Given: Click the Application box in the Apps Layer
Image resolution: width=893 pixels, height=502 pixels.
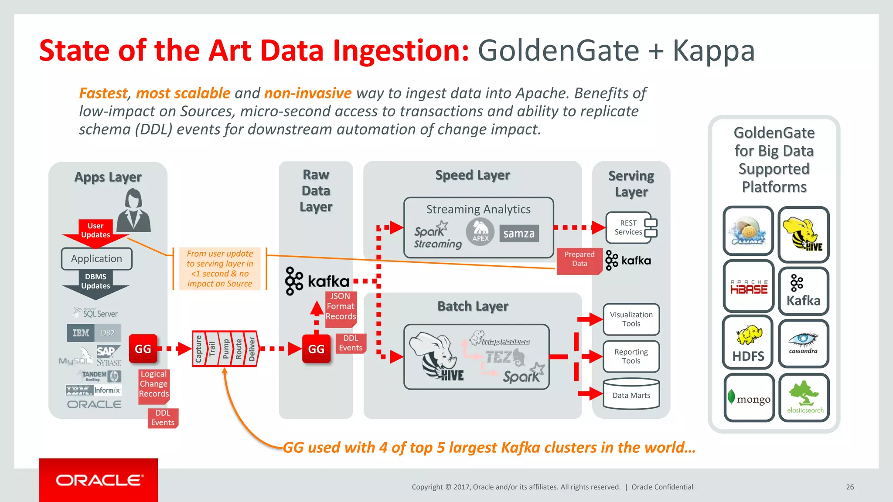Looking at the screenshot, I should tap(96, 259).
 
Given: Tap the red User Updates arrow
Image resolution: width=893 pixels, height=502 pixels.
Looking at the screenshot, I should tap(95, 231).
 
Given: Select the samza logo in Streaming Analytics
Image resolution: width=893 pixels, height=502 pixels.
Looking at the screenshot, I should tap(519, 234).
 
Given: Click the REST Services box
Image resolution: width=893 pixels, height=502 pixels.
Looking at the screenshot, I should tap(628, 227).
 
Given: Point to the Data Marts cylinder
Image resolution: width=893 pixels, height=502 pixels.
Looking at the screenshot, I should tap(631, 395).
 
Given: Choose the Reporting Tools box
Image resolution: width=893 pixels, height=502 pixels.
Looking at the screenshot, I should tap(631, 356).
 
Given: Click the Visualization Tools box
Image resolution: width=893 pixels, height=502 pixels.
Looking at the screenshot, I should tap(631, 319).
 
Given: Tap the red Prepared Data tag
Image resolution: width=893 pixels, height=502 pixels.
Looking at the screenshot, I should tap(579, 260).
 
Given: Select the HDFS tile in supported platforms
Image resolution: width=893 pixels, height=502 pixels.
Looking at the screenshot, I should tap(748, 343).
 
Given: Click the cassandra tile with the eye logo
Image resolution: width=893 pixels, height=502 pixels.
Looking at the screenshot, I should tap(803, 343).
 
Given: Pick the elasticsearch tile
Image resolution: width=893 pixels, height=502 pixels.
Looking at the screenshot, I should tap(804, 397).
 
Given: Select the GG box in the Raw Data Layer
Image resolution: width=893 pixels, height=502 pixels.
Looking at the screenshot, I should tap(316, 349).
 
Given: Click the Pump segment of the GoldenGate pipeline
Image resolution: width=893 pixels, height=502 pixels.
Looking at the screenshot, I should tap(225, 349).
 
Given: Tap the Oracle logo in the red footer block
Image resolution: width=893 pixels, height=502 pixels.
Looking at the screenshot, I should tap(99, 480).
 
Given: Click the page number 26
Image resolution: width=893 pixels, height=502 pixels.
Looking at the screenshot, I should tap(850, 487).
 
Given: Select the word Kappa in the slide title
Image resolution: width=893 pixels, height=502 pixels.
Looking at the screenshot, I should tap(713, 51).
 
